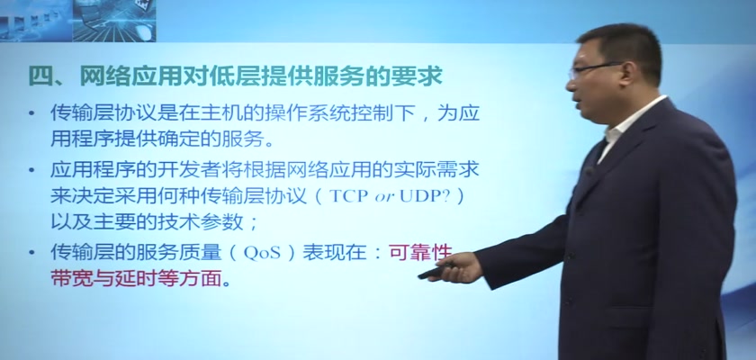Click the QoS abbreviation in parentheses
262,254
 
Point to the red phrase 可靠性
421,252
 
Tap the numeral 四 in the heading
40,76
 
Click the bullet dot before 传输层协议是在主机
31,114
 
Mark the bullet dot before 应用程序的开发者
31,170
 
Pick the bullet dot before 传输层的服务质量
31,253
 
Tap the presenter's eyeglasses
594,69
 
